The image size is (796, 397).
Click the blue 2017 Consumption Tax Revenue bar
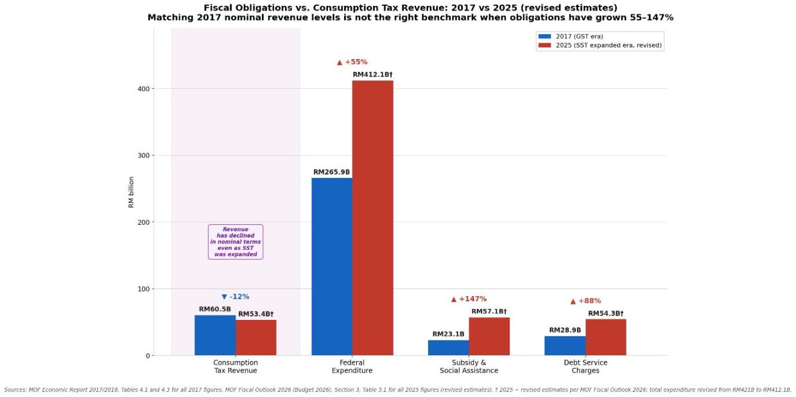(x=215, y=335)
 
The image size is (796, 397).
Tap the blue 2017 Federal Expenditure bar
(x=332, y=266)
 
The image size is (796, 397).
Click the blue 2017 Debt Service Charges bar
(x=565, y=346)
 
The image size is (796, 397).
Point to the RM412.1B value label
(x=372, y=75)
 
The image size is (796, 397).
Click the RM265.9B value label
(x=331, y=172)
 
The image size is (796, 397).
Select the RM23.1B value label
(x=448, y=334)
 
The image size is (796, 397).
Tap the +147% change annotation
(x=469, y=299)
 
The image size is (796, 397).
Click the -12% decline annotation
(x=236, y=297)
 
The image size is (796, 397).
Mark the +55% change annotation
(x=352, y=62)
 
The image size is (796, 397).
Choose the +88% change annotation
(x=585, y=301)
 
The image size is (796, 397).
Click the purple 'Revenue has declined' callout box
(x=236, y=242)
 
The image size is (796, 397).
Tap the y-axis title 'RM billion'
(x=132, y=192)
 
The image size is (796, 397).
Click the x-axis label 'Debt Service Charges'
(x=585, y=367)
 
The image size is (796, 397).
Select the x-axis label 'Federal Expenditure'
(x=352, y=367)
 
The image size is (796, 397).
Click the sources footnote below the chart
(x=397, y=389)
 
